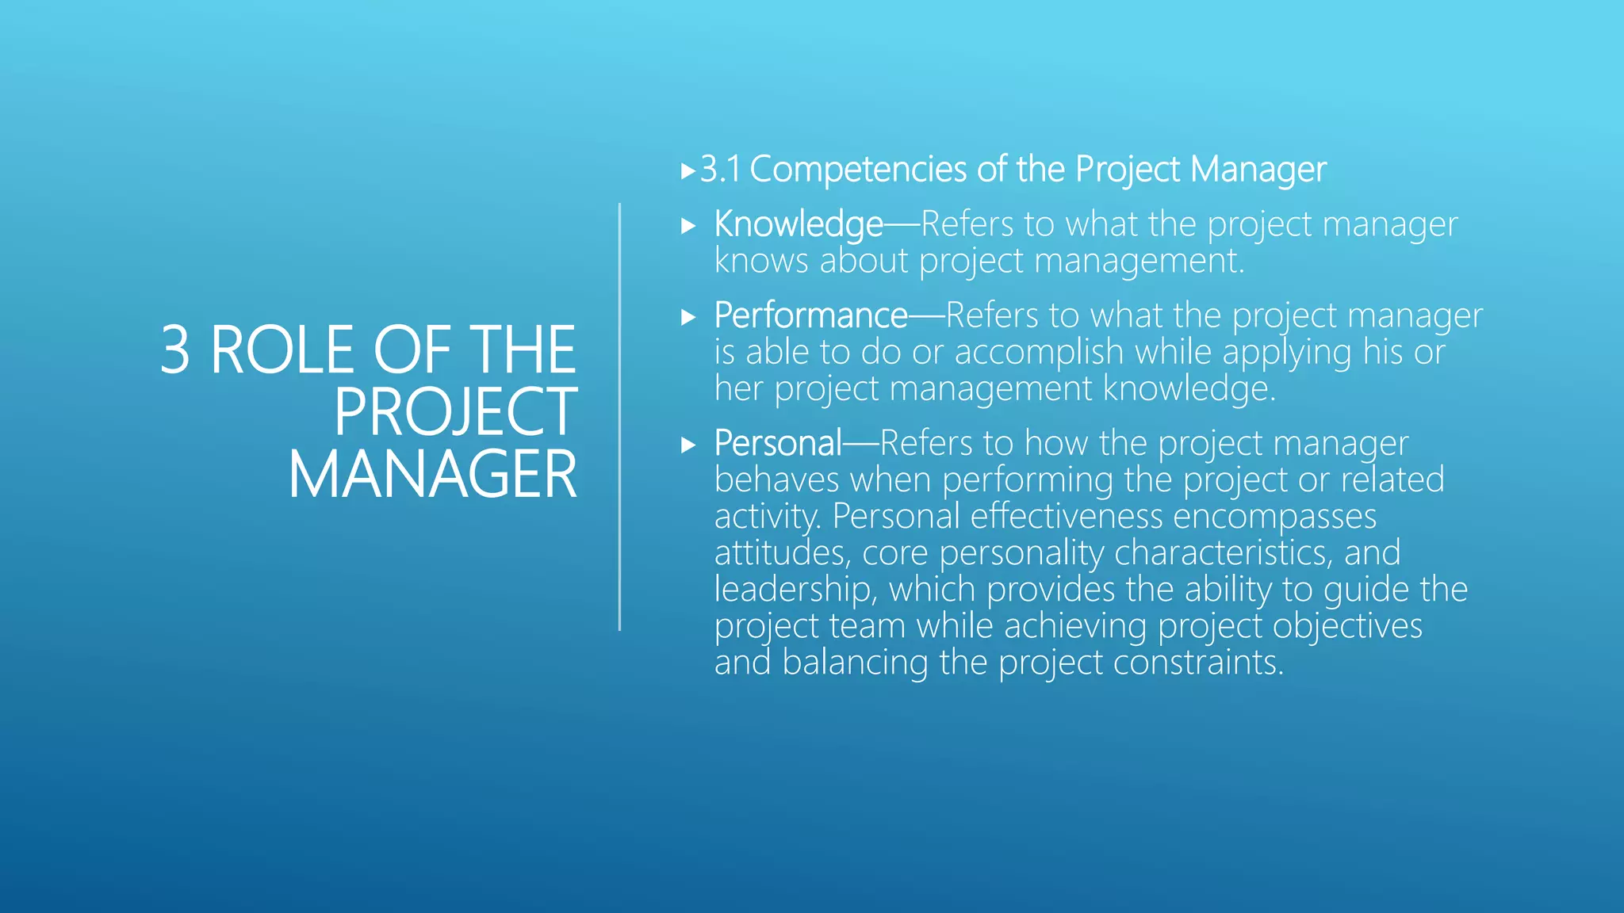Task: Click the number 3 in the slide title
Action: click(x=175, y=350)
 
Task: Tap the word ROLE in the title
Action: click(x=282, y=350)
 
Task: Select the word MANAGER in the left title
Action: click(x=432, y=475)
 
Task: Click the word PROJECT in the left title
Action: click(x=455, y=412)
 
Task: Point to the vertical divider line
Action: click(x=619, y=417)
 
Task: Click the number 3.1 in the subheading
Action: click(x=720, y=170)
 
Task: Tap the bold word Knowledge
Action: click(x=798, y=224)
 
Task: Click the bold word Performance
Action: click(x=810, y=315)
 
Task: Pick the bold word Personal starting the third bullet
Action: click(x=777, y=443)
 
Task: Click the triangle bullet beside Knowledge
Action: click(x=688, y=226)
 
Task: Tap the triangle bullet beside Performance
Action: click(x=688, y=318)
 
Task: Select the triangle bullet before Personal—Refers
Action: click(x=688, y=445)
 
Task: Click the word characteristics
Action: click(x=1223, y=553)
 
